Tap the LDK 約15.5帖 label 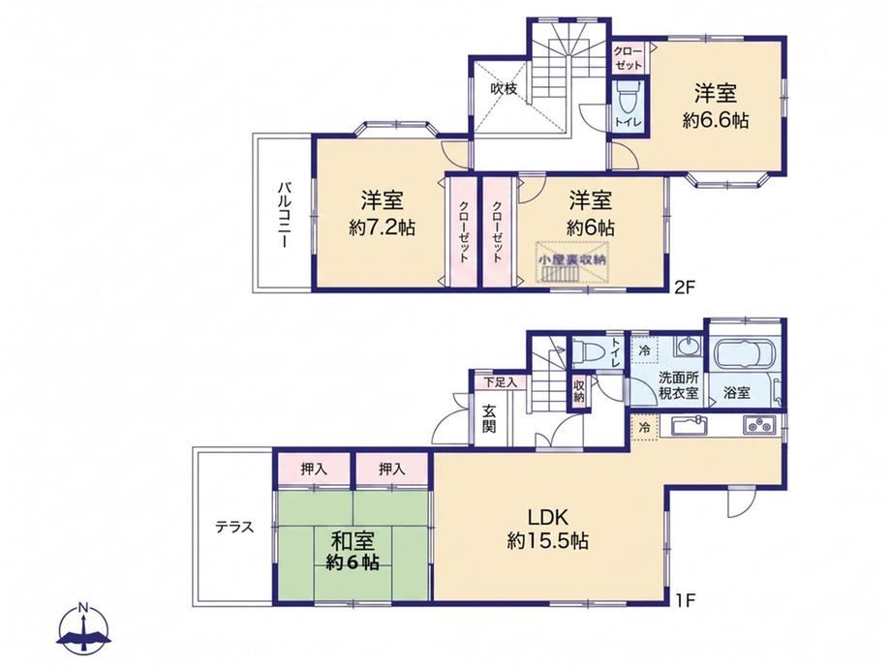[547, 529]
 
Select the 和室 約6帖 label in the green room [353, 550]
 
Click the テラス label [234, 527]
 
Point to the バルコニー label [284, 214]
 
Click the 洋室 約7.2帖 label [382, 214]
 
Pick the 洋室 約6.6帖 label [716, 106]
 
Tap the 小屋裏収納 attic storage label [572, 259]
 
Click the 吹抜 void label [504, 89]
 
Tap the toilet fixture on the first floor [588, 350]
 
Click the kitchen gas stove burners [758, 424]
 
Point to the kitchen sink [689, 425]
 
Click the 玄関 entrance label [489, 417]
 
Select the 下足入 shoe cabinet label [500, 382]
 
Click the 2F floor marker [685, 287]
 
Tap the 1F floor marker [686, 600]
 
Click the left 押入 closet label [314, 470]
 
